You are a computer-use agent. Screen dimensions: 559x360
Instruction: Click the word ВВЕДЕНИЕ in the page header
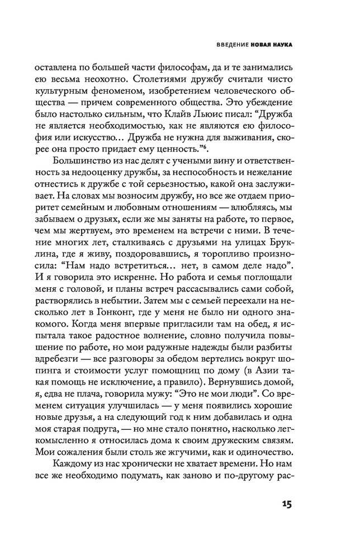click(x=228, y=45)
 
